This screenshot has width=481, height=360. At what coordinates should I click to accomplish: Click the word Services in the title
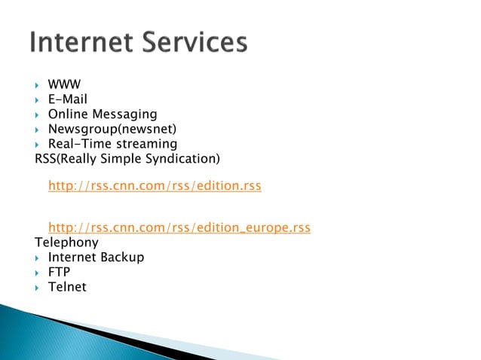tap(195, 43)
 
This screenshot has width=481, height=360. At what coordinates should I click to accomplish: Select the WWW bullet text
tap(64, 85)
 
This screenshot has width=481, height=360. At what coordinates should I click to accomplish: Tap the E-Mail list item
tap(68, 99)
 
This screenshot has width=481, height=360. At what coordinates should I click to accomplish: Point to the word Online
tap(67, 114)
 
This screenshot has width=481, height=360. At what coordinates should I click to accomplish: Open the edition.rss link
tap(155, 185)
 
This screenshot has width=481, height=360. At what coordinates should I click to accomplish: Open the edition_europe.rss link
tap(179, 227)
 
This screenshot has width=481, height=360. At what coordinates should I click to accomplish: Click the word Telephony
tap(66, 243)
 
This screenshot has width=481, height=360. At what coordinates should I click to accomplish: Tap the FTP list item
tap(60, 272)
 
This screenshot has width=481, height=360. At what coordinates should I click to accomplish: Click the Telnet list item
tap(67, 287)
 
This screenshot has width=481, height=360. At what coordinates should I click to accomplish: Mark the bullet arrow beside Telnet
tap(36, 288)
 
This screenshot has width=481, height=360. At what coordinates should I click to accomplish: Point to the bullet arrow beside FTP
tap(36, 273)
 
